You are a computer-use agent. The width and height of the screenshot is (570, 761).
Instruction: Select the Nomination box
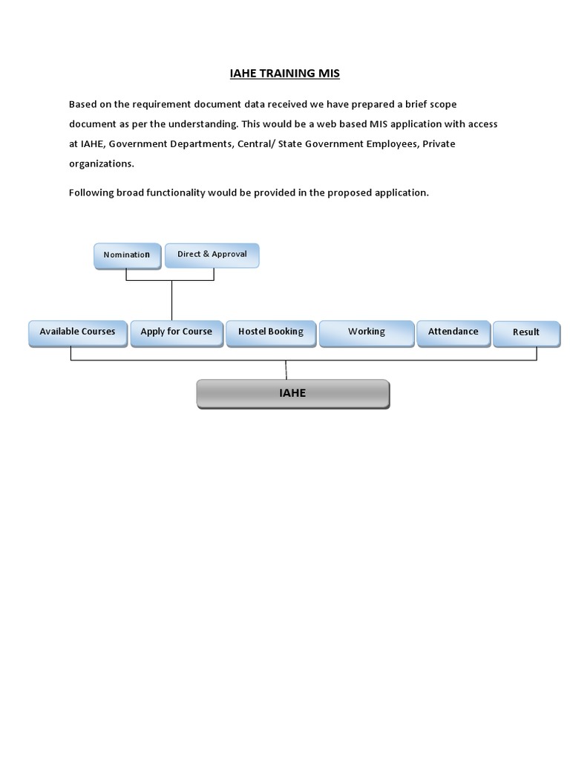(127, 255)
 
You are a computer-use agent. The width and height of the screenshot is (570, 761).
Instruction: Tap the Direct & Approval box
(212, 254)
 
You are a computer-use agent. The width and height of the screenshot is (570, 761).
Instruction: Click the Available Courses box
(77, 332)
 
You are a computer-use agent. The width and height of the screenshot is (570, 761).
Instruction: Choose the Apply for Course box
(176, 332)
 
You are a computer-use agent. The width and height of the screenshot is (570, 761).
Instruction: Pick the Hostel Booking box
(270, 332)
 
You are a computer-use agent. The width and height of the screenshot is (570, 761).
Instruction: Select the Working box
(367, 332)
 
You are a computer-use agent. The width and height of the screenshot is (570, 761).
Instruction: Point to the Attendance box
(453, 332)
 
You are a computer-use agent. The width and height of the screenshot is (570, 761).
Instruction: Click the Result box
(526, 333)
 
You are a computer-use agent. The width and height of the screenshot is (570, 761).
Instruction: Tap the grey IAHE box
(292, 394)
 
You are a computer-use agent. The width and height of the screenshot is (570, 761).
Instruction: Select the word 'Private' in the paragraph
(439, 143)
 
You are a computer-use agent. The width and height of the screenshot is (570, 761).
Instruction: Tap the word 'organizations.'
(102, 163)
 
